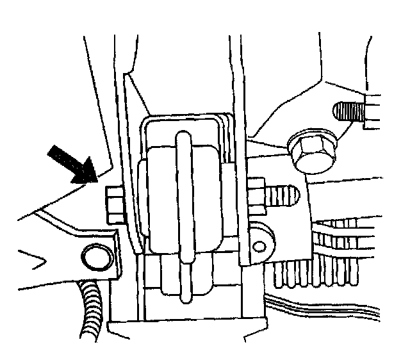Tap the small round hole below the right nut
(x=259, y=244)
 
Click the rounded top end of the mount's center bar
(x=183, y=137)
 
